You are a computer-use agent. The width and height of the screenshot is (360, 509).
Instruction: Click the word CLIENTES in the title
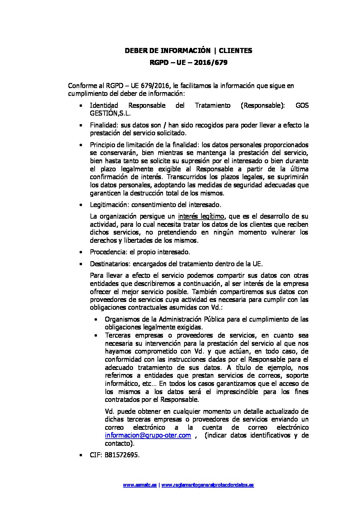[235, 51]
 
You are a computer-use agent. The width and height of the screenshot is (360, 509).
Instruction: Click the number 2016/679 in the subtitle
[213, 63]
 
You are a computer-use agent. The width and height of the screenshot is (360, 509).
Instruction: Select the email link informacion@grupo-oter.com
[148, 436]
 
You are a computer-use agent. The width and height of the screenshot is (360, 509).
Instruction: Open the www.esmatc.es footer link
[140, 485]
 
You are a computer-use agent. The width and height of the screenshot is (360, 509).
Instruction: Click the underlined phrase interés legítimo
[201, 216]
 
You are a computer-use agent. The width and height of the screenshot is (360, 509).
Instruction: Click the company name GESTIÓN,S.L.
[110, 114]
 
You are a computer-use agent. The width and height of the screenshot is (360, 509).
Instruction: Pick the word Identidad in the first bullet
[104, 105]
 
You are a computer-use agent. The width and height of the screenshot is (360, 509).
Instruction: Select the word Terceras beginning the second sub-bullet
[118, 335]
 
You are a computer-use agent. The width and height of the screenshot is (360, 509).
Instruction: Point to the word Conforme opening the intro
[81, 86]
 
